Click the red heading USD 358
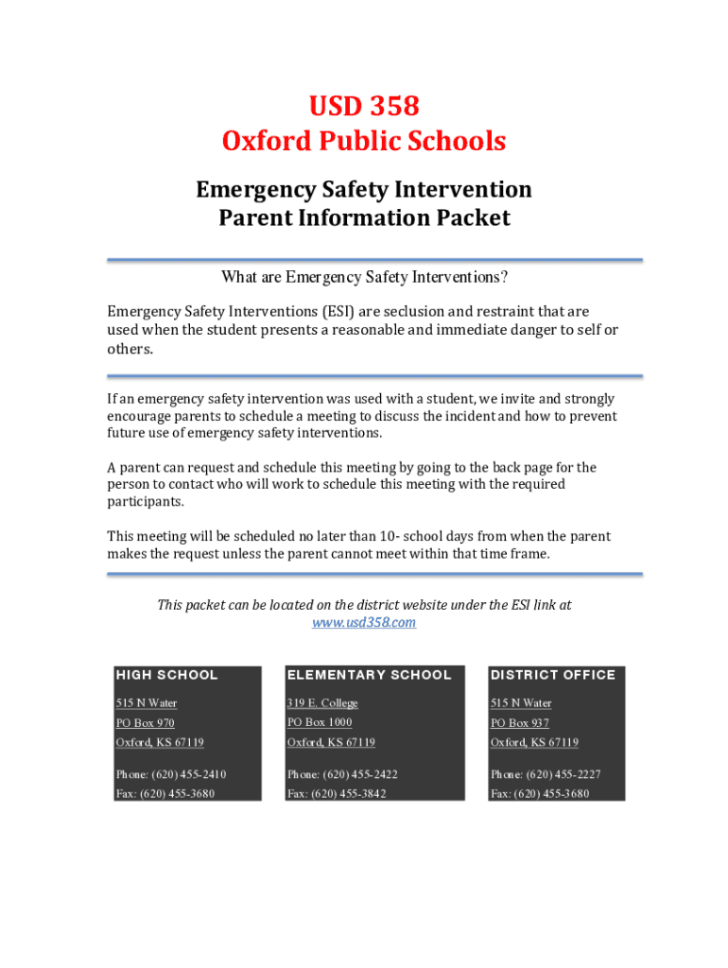[x=363, y=106]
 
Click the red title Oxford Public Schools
[x=363, y=141]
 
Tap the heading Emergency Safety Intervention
[x=363, y=190]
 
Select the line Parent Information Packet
[x=364, y=218]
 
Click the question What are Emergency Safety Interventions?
[x=364, y=277]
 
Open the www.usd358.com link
[x=364, y=622]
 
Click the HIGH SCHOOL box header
[x=166, y=675]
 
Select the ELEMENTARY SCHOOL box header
[x=369, y=675]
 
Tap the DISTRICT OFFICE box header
[x=552, y=675]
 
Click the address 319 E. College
[x=322, y=702]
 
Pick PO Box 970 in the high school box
[x=145, y=723]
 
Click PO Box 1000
[x=320, y=722]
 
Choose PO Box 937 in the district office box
[x=519, y=723]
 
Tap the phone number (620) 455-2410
[x=189, y=774]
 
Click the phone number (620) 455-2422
[x=361, y=774]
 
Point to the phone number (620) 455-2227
[x=564, y=774]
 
